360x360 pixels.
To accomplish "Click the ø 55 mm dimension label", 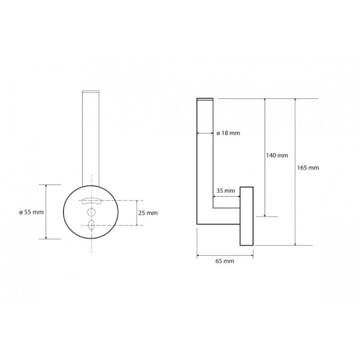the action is coord(31,212).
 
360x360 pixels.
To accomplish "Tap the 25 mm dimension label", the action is coord(148,213).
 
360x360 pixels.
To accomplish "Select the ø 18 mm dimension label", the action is coord(228,133).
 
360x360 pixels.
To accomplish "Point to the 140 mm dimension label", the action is coord(277,155).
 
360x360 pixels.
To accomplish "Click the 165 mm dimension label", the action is coord(308,168).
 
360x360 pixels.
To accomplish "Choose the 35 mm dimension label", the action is coord(226,190).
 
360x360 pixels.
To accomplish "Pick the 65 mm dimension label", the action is coord(225,261).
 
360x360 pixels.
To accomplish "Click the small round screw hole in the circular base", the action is coord(91,212).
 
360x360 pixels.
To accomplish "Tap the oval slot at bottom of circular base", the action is coord(91,225).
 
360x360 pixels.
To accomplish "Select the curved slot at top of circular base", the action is coord(91,201).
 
